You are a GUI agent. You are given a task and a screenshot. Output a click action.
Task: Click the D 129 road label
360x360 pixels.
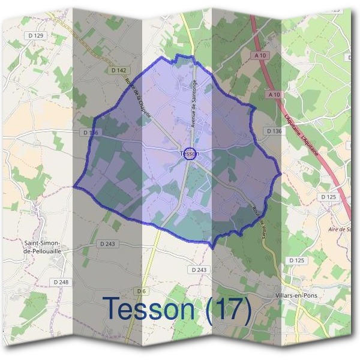click(x=37, y=36)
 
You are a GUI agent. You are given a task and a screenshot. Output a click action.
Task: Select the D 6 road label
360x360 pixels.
click(x=142, y=292)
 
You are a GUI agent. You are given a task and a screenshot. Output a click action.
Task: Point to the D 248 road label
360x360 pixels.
click(x=61, y=282)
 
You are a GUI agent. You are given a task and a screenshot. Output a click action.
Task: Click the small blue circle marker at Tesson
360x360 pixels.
click(x=191, y=154)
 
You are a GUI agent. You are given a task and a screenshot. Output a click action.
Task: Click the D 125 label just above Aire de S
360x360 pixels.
click(x=329, y=197)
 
